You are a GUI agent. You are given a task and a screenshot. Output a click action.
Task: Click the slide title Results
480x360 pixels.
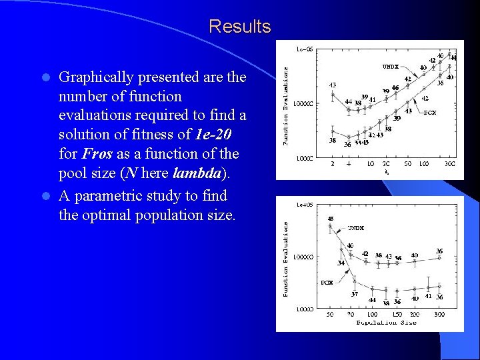(x=239, y=27)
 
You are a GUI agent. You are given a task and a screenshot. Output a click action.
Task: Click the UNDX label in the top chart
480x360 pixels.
(x=391, y=67)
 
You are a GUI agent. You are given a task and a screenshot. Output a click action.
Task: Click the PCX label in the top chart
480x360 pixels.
(x=431, y=113)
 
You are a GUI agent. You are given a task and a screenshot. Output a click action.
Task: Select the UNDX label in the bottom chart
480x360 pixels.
(x=355, y=228)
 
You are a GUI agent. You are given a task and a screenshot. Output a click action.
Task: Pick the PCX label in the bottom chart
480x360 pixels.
(x=327, y=283)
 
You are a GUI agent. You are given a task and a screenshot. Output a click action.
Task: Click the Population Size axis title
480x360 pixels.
(x=386, y=323)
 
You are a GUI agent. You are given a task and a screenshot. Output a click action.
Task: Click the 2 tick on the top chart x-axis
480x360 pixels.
(x=333, y=163)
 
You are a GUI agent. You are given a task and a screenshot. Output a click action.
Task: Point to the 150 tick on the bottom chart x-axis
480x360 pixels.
(x=397, y=314)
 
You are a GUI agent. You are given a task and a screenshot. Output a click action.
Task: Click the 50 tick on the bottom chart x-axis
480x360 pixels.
(x=331, y=314)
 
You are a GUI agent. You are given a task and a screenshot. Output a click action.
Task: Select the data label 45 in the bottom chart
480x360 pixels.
(x=331, y=219)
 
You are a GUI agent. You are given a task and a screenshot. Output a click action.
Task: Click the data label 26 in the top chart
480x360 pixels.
(x=347, y=145)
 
